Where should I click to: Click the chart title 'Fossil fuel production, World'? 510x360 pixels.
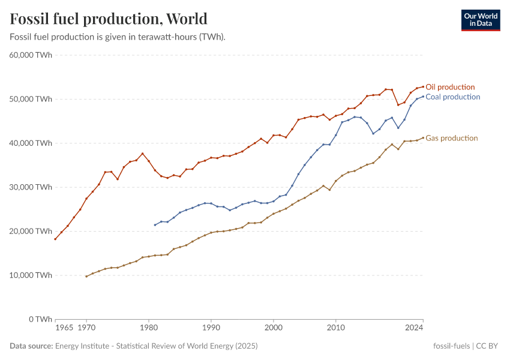point(109,19)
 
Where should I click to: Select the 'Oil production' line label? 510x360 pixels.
point(450,87)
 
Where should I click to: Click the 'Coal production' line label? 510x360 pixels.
point(452,97)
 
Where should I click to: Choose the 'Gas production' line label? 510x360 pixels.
point(451,138)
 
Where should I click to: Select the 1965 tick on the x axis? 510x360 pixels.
point(64,328)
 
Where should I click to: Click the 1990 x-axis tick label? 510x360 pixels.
point(211,328)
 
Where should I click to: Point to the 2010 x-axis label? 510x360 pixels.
point(336,328)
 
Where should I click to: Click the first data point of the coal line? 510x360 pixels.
point(155,225)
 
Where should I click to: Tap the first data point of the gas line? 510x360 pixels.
point(86,277)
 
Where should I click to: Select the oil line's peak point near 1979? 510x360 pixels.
point(142,154)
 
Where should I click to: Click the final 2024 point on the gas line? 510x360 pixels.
point(423,137)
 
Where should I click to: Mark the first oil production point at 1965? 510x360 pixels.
point(55,239)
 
